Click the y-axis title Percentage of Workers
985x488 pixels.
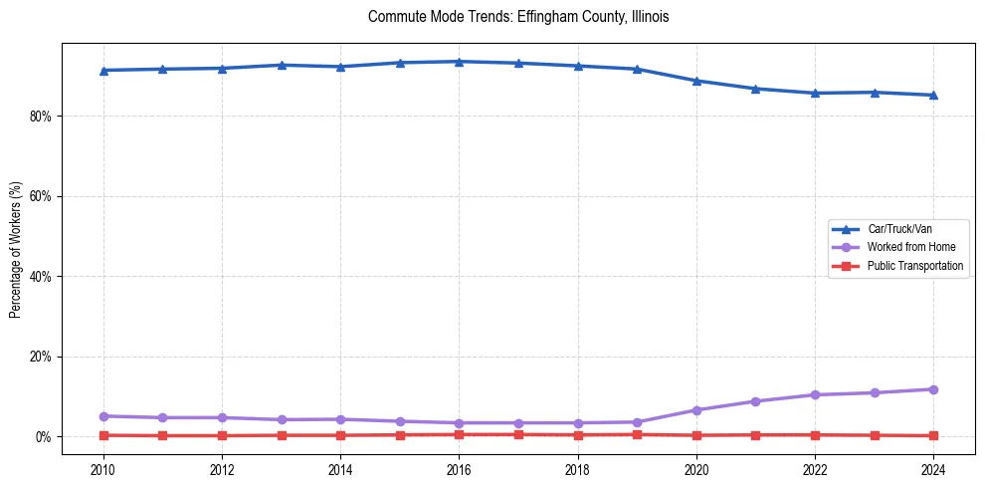[x=16, y=249]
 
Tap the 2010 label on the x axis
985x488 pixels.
[x=102, y=469]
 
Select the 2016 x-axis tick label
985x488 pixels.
[x=459, y=469]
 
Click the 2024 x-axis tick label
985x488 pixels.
[x=933, y=469]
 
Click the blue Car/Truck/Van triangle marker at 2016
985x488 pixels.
[x=459, y=62]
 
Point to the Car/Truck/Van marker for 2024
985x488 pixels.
[x=933, y=96]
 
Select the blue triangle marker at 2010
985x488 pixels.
[x=102, y=71]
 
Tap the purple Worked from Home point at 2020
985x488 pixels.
[x=696, y=410]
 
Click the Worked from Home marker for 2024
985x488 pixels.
[x=933, y=389]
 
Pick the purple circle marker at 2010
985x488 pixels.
[x=102, y=416]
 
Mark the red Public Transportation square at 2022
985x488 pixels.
[x=815, y=435]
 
